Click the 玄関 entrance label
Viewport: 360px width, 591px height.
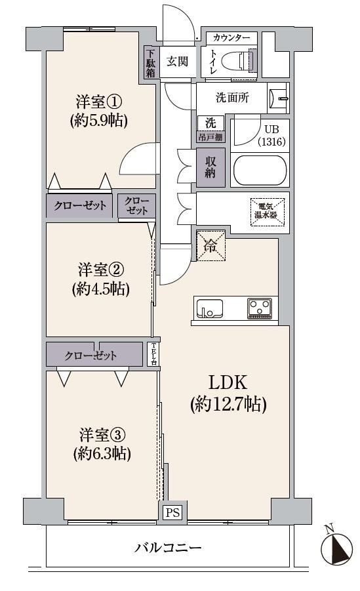pyautogui.click(x=177, y=61)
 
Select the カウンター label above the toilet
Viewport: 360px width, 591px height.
pyautogui.click(x=231, y=37)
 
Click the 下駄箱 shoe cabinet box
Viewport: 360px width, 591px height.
pyautogui.click(x=150, y=62)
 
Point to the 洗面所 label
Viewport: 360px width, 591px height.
pyautogui.click(x=232, y=98)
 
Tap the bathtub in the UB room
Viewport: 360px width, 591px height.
pyautogui.click(x=260, y=170)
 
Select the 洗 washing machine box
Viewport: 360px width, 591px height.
pyautogui.click(x=210, y=123)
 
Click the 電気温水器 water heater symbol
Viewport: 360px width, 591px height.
pyautogui.click(x=268, y=211)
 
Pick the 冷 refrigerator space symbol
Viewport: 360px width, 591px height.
pyautogui.click(x=210, y=246)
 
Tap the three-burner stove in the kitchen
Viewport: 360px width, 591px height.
pyautogui.click(x=260, y=308)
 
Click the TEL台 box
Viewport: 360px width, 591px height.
pyautogui.click(x=153, y=354)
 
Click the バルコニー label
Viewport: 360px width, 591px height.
pyautogui.click(x=168, y=547)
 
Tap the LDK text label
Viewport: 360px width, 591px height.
pyautogui.click(x=228, y=382)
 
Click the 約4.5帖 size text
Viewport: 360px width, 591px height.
pyautogui.click(x=100, y=289)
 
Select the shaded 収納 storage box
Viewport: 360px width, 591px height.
pyautogui.click(x=210, y=167)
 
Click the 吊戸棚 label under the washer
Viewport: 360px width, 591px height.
pyautogui.click(x=210, y=137)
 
